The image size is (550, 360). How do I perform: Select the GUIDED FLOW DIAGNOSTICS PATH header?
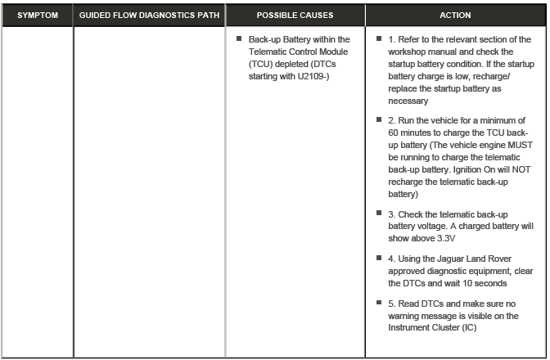(147, 16)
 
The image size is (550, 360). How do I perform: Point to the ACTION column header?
(455, 16)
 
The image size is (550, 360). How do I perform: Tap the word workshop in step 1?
(411, 52)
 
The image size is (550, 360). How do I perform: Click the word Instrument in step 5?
(412, 329)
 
